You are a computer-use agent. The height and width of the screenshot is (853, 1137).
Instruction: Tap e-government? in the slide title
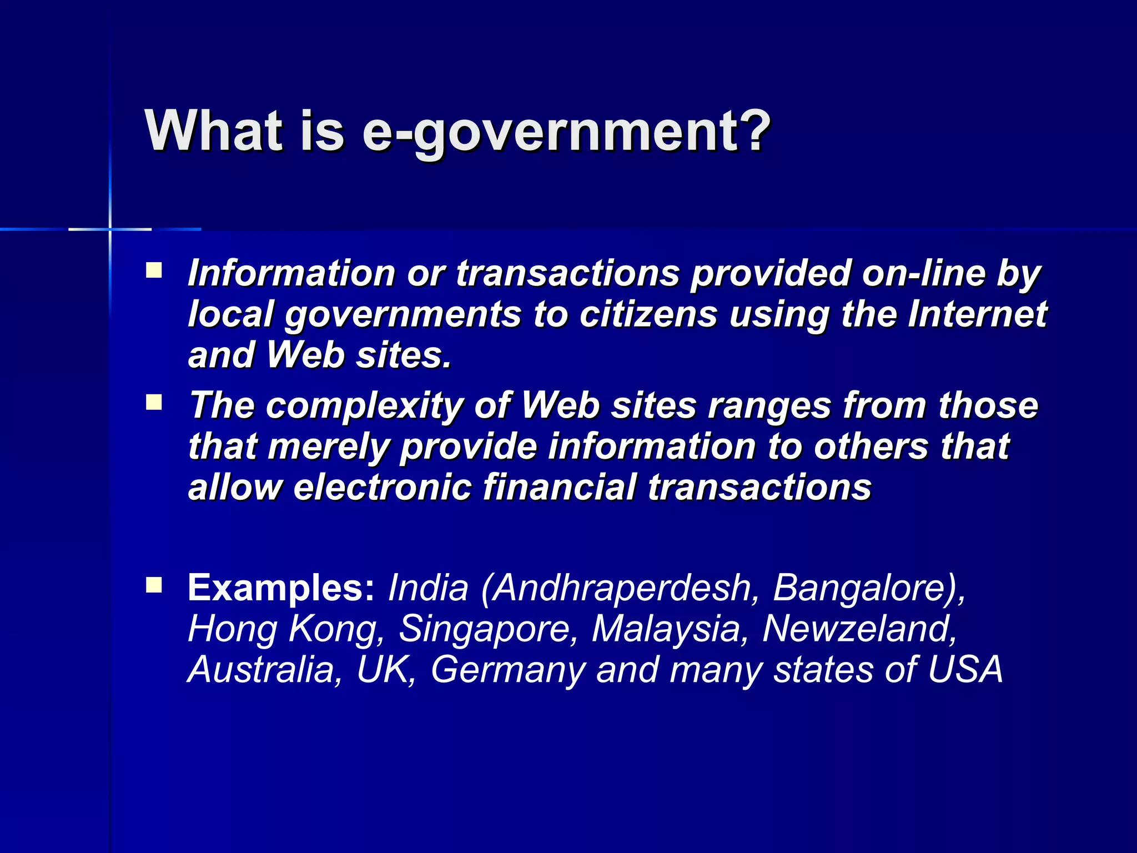tap(566, 131)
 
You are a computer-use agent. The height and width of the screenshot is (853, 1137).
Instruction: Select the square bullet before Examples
tap(154, 585)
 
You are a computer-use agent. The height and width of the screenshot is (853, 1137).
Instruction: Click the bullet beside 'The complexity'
tap(154, 402)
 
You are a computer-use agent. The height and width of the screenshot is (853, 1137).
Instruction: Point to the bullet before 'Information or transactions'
tap(154, 270)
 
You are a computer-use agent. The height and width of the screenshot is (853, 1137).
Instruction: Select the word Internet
tap(977, 314)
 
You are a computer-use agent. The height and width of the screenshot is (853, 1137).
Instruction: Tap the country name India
tap(428, 587)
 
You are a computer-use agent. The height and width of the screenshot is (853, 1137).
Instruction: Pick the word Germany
tap(507, 669)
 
